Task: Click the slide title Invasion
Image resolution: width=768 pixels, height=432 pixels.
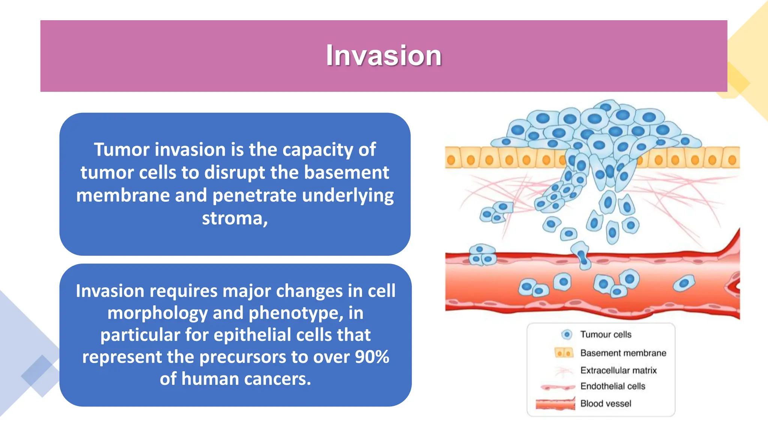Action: point(384,55)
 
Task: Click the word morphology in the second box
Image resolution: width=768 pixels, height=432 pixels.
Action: point(157,313)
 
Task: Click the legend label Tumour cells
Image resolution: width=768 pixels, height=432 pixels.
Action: point(606,334)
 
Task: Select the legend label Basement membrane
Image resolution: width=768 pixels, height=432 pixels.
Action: point(623,353)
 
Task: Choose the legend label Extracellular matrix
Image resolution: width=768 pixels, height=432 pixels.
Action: point(618,370)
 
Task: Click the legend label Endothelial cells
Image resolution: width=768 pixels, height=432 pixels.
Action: point(613,386)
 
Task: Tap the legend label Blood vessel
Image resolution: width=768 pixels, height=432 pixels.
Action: point(606,403)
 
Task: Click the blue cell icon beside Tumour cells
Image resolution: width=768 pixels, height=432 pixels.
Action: point(567,334)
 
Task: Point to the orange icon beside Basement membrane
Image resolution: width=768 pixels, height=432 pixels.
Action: point(564,353)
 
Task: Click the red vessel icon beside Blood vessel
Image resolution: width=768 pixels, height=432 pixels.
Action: point(555,404)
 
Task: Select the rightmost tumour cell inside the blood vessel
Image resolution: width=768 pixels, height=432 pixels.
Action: point(684,283)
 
